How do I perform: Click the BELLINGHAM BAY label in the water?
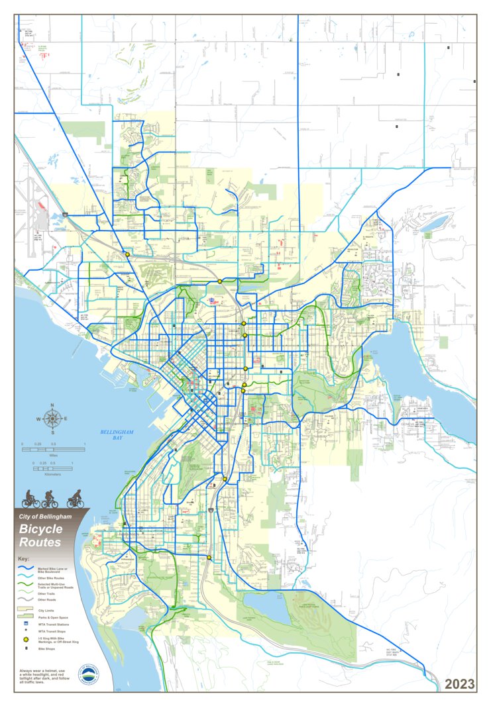tap(117, 434)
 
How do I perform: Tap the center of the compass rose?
tap(54, 419)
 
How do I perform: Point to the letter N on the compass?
tap(54, 409)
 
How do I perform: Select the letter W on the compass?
tap(40, 419)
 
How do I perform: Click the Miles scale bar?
tap(54, 450)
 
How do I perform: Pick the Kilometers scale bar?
tap(53, 468)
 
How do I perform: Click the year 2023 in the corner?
tap(459, 684)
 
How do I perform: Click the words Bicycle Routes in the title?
tap(40, 535)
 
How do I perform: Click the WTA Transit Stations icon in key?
tap(26, 624)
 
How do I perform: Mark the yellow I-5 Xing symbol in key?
tap(26, 640)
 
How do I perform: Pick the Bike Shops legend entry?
tap(46, 649)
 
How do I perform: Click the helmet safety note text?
tap(42, 676)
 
